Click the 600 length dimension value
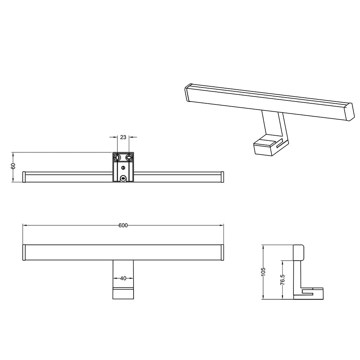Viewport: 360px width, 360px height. point(123,225)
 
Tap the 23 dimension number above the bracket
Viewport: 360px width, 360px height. point(123,137)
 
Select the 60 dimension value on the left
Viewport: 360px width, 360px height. point(13,166)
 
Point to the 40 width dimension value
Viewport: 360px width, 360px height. point(123,278)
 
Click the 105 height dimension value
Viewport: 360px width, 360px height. point(263,271)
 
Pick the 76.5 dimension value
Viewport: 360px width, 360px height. point(283,280)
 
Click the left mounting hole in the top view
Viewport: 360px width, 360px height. point(118,157)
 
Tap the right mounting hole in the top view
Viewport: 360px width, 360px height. point(129,157)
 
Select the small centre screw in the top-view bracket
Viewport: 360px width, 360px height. point(123,168)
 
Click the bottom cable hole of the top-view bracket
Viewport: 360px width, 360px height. point(123,178)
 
